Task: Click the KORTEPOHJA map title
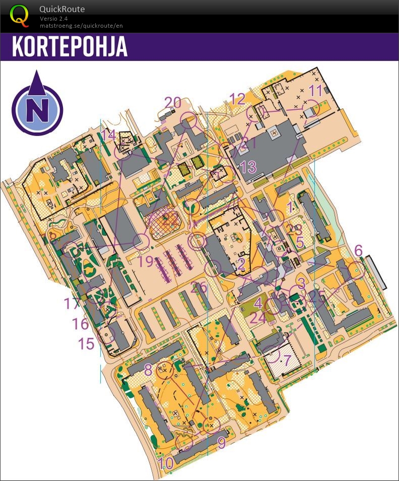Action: pos(70,47)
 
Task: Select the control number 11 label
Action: pos(315,91)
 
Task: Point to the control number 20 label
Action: pos(173,102)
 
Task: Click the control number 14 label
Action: pos(108,134)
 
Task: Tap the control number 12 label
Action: pos(237,99)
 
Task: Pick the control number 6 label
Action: pos(358,250)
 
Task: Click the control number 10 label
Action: pos(165,462)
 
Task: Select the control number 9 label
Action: pos(221,443)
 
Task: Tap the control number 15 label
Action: pos(86,343)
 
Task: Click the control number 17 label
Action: pos(73,304)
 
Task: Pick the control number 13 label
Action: pos(248,167)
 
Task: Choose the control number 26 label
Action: pos(199,288)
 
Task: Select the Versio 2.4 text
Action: pos(53,18)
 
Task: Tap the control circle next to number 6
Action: pos(356,269)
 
